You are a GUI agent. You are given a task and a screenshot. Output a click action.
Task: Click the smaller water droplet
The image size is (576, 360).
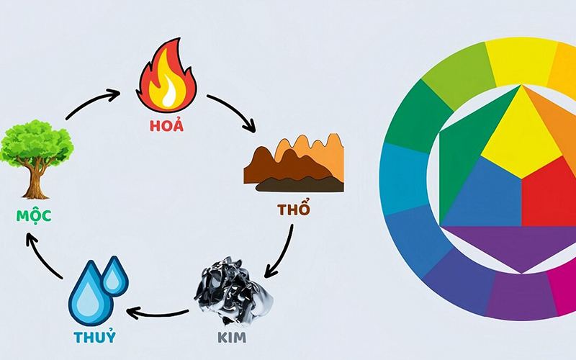pos(114,275)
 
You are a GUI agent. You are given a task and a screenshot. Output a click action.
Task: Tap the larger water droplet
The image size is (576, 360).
pos(88,294)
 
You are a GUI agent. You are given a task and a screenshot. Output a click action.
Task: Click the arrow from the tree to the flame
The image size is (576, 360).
pos(92,102)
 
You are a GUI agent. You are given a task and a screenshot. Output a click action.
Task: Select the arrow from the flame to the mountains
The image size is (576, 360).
pos(233,112)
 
